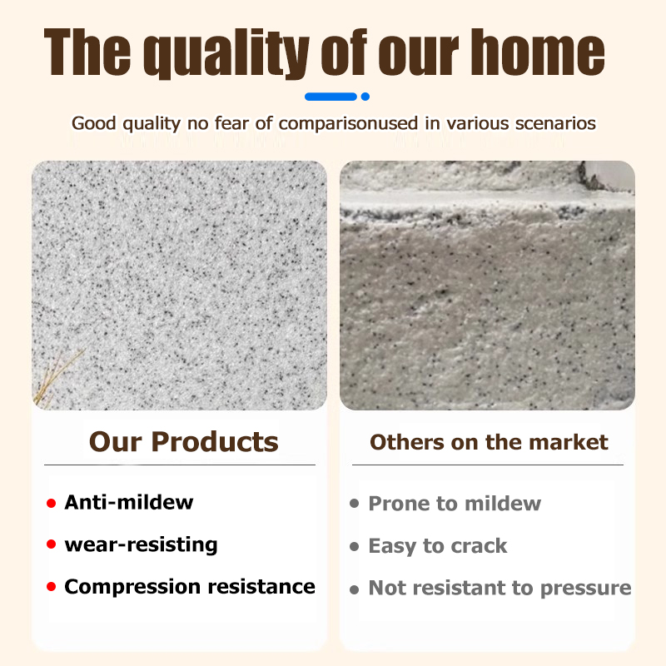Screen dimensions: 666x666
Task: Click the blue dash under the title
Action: pyautogui.click(x=331, y=97)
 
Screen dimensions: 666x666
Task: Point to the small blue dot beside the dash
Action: pyautogui.click(x=365, y=97)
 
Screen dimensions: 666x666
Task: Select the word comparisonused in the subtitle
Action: pyautogui.click(x=335, y=123)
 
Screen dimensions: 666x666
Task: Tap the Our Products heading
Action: pyautogui.click(x=183, y=441)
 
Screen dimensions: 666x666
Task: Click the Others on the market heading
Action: pyautogui.click(x=489, y=442)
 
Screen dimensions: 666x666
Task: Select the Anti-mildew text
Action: pyautogui.click(x=128, y=502)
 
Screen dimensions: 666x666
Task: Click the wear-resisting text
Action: pyautogui.click(x=141, y=544)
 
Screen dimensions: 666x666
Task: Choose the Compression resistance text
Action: pyautogui.click(x=190, y=586)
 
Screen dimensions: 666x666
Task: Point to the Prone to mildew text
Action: pyautogui.click(x=455, y=504)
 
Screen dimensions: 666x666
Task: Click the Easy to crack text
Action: pyautogui.click(x=437, y=546)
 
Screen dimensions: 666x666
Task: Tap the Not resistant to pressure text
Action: pyautogui.click(x=499, y=588)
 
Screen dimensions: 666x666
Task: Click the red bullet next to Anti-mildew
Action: pyautogui.click(x=52, y=503)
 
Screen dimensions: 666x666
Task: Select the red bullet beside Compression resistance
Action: pyautogui.click(x=52, y=588)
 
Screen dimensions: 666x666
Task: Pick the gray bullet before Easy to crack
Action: pyautogui.click(x=355, y=547)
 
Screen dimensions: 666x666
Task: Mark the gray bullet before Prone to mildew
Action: pyautogui.click(x=355, y=504)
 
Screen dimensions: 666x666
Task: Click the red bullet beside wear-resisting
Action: pyautogui.click(x=52, y=545)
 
